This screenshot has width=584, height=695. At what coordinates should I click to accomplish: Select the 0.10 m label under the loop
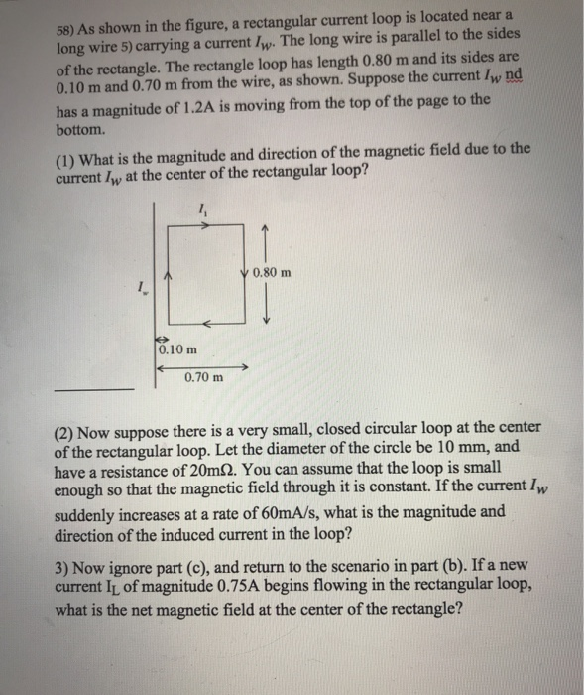176,349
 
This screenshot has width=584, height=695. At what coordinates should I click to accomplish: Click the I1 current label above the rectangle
204,209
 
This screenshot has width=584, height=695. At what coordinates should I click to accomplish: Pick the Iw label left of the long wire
145,290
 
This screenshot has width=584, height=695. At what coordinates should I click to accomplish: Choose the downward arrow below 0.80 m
265,315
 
